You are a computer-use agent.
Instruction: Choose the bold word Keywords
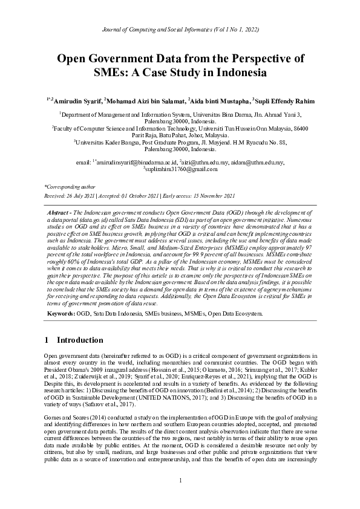(61, 314)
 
